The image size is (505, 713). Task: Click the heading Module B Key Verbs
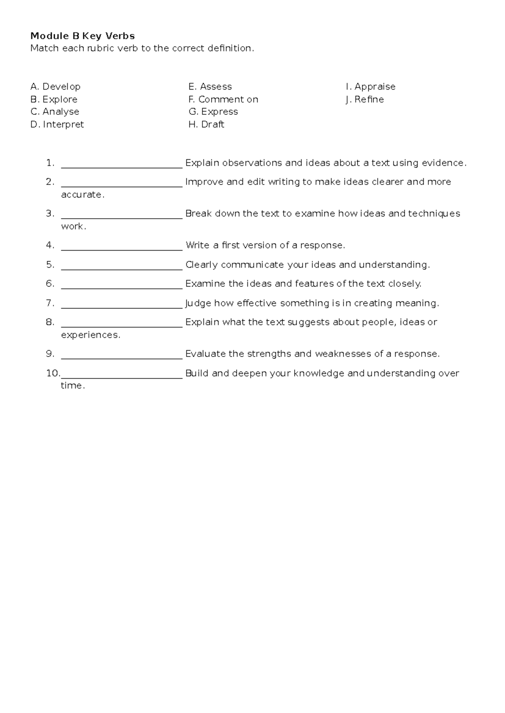[82, 36]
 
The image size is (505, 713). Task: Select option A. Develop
[55, 87]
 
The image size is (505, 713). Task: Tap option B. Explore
[54, 99]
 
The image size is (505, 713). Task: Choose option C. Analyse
[55, 112]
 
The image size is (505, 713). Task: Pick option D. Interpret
[57, 124]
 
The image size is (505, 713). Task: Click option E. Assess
[210, 87]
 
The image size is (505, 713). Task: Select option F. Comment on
[223, 99]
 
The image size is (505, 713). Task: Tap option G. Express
[213, 112]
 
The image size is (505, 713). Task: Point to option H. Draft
[206, 124]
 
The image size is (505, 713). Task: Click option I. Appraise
[370, 87]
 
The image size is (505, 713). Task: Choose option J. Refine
[364, 99]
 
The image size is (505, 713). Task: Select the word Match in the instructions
[44, 48]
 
